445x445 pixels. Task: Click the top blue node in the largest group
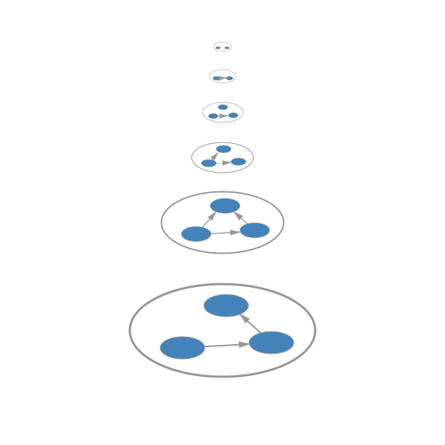[226, 305]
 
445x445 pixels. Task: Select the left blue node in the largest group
[182, 347]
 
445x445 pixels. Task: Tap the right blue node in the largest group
[271, 343]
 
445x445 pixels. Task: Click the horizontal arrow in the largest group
[226, 345]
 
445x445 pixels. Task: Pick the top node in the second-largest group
[224, 205]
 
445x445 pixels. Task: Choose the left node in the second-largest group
[196, 234]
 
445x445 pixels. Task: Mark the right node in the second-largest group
[254, 230]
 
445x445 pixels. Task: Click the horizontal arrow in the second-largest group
[225, 233]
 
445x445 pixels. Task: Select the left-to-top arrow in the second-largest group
[209, 220]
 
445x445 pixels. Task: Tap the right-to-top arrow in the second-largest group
[240, 218]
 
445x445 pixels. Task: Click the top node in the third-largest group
[223, 149]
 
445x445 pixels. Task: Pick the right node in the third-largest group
[238, 161]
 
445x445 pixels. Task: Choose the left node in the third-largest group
[208, 163]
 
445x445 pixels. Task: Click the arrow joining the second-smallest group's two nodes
[222, 77]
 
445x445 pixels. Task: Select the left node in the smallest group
[219, 48]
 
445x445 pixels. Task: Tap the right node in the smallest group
[227, 48]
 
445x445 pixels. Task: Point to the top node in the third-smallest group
[222, 108]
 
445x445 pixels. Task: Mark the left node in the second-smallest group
[216, 78]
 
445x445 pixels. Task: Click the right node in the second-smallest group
[229, 77]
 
